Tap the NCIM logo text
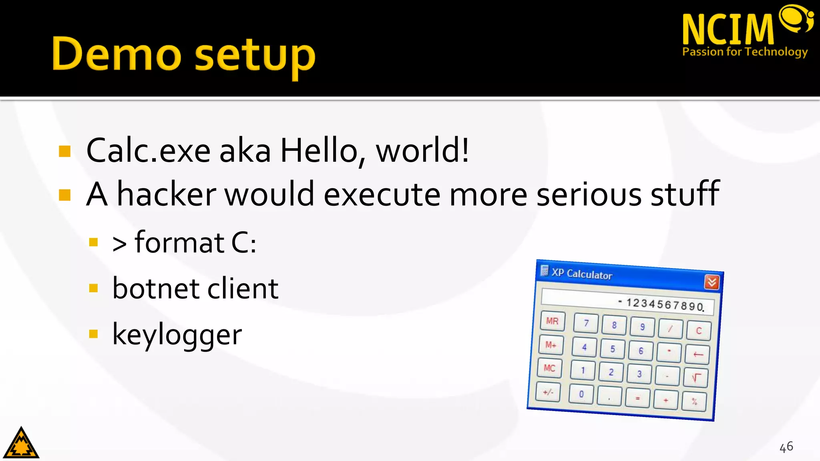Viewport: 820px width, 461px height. click(x=728, y=29)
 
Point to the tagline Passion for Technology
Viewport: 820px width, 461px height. click(x=745, y=52)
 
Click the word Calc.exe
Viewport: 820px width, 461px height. click(x=148, y=151)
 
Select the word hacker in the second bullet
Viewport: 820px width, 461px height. click(x=166, y=194)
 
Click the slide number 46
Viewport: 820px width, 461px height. click(x=786, y=447)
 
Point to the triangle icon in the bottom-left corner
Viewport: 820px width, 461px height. click(x=21, y=443)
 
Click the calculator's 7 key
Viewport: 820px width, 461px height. click(x=586, y=323)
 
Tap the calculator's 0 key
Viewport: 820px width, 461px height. click(x=581, y=394)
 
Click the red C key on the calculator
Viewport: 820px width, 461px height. click(x=699, y=331)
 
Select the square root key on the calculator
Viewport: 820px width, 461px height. click(x=696, y=377)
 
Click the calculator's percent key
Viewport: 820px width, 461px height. click(x=694, y=401)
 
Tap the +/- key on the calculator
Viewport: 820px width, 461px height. click(x=548, y=392)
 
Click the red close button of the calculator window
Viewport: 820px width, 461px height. click(x=711, y=282)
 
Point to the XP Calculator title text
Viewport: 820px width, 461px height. click(x=582, y=274)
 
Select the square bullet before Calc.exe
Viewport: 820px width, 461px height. click(x=64, y=151)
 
